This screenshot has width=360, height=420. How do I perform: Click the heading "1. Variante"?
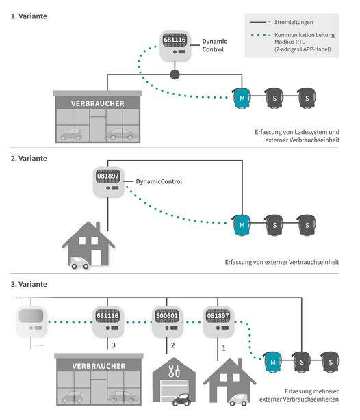[29, 16]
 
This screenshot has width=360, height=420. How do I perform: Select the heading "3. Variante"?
[29, 284]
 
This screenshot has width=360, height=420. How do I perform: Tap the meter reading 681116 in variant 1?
[175, 40]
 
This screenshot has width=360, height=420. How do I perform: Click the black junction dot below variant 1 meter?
[175, 75]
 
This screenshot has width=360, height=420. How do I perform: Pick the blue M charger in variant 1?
[242, 98]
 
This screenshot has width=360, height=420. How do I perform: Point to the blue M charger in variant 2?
[242, 225]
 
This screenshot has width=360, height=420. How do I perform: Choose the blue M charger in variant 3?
[273, 362]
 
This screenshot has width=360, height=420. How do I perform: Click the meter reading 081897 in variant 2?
[108, 176]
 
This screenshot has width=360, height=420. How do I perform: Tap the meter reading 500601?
[167, 316]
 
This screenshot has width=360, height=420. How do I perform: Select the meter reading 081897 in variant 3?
[218, 316]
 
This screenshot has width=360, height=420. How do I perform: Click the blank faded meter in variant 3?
[31, 321]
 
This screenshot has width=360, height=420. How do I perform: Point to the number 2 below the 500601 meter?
[172, 345]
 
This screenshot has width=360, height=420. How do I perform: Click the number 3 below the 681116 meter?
[114, 345]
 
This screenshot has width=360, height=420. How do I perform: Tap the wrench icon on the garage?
[174, 371]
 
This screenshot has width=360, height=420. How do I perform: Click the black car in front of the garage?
[181, 399]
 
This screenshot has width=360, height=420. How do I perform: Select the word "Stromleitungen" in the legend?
[294, 22]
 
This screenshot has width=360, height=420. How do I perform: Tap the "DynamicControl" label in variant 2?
[159, 181]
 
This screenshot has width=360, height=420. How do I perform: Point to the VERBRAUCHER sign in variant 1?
[98, 103]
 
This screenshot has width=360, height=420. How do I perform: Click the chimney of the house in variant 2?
[98, 226]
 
